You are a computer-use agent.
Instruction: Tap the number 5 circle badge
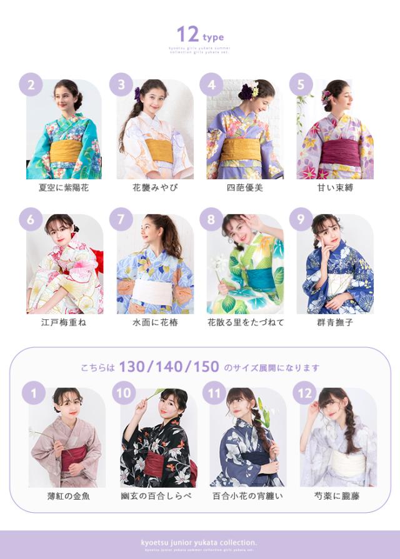[x=301, y=85]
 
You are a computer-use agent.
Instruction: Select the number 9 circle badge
[x=301, y=219]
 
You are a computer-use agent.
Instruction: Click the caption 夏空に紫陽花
[x=63, y=187]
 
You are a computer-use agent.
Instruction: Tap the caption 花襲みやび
[x=155, y=187]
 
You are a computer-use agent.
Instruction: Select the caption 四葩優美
[x=245, y=187]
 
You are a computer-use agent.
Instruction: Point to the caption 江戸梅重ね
[x=63, y=322]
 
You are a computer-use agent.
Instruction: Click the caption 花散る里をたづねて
[x=245, y=322]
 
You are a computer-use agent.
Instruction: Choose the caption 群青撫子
[x=334, y=322]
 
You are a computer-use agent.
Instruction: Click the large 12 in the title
[x=187, y=34]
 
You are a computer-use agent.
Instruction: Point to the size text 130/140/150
[x=169, y=367]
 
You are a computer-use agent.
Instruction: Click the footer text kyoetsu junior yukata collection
[x=199, y=542]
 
